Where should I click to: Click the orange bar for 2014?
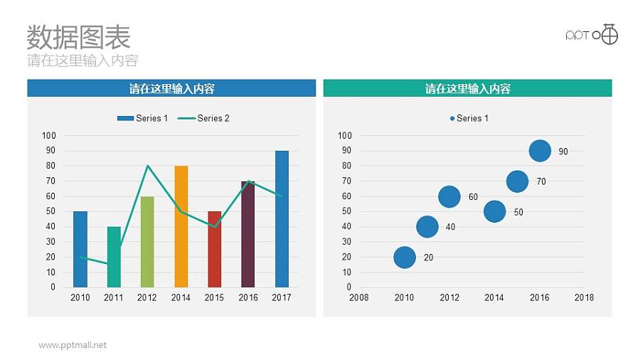[x=181, y=226]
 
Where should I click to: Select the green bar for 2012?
[x=147, y=242]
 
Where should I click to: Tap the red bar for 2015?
[x=215, y=249]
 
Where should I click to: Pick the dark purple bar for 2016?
[x=247, y=235]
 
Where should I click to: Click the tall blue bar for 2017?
[x=282, y=219]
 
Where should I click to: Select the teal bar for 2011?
[x=114, y=258]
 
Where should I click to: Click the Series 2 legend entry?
[x=204, y=118]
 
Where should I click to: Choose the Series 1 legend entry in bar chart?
[x=143, y=118]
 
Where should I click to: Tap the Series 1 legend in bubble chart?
[x=469, y=118]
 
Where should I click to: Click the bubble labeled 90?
[x=540, y=151]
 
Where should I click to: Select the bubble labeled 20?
[x=404, y=258]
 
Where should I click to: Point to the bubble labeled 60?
[x=449, y=196]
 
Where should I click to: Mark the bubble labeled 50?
[x=494, y=211]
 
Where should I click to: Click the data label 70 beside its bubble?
[x=541, y=182]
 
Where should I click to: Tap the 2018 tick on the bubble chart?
[x=584, y=297]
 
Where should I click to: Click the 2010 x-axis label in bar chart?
[x=80, y=297]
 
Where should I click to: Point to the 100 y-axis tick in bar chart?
[x=49, y=135]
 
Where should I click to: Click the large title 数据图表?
[x=78, y=36]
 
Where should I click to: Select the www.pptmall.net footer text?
[x=73, y=345]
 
